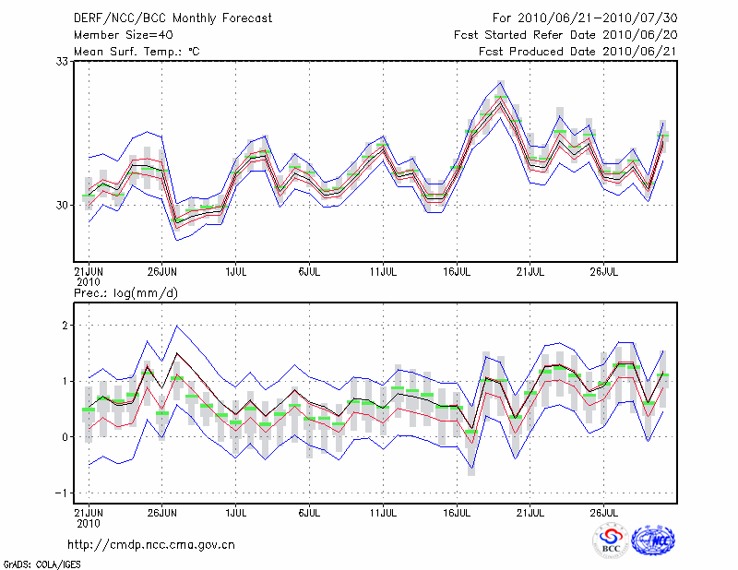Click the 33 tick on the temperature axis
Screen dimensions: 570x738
coord(65,61)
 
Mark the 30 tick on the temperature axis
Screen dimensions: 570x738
coord(65,205)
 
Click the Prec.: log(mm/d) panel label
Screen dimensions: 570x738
coord(126,293)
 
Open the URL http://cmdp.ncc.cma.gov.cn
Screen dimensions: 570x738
coord(152,545)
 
